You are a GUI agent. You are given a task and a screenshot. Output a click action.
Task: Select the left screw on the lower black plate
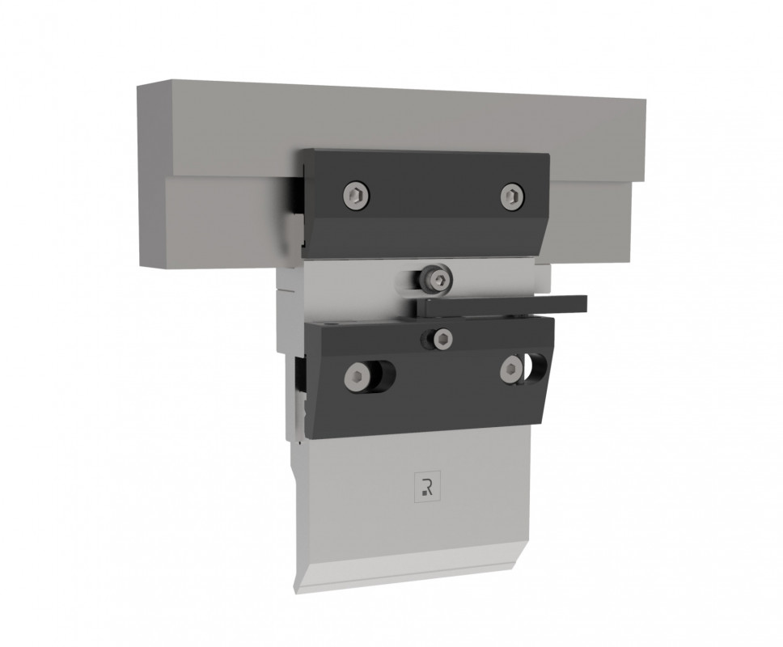(x=356, y=374)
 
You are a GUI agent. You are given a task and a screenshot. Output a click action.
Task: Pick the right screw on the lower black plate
(x=510, y=370)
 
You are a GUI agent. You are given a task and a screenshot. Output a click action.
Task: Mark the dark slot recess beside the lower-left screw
(x=383, y=374)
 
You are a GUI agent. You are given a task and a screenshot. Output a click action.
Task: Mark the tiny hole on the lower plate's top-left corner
(x=326, y=323)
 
